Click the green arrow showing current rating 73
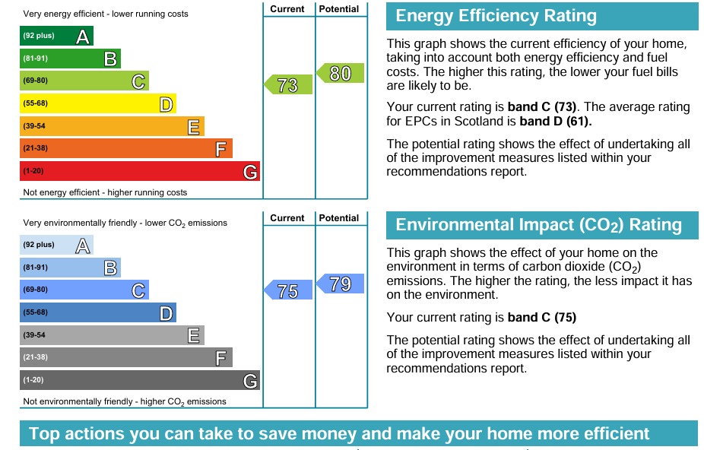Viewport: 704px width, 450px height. [289, 84]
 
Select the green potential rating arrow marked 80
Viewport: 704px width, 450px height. [341, 73]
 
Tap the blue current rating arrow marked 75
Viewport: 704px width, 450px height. [289, 290]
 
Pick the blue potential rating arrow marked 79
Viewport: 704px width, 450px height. [341, 284]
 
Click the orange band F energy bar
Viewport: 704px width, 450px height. [125, 149]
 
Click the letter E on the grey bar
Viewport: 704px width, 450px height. [194, 335]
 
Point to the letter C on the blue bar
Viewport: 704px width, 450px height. [138, 290]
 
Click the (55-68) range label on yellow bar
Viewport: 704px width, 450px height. [35, 103]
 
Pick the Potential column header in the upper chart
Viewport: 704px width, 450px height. [339, 9]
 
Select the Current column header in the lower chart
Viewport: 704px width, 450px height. [287, 218]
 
